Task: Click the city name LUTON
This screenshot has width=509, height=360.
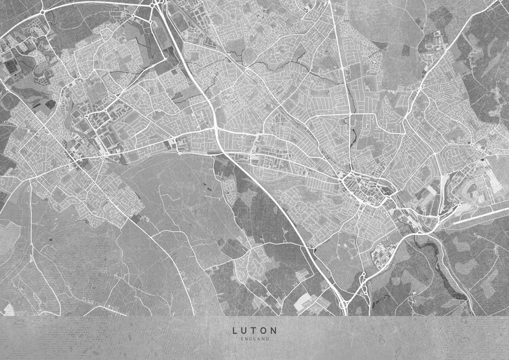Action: [x=254, y=331]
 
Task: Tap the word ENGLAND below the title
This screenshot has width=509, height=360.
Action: [x=254, y=339]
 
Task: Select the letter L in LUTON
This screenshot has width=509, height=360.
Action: [x=235, y=331]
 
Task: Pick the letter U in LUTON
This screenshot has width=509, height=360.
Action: [x=245, y=331]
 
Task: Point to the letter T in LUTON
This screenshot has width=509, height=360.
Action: [x=254, y=331]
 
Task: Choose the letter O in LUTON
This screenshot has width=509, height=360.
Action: [x=264, y=331]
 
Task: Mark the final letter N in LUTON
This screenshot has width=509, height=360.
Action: [x=274, y=331]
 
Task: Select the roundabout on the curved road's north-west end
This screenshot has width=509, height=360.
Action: [x=43, y=12]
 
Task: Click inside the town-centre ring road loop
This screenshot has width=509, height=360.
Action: [x=358, y=185]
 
